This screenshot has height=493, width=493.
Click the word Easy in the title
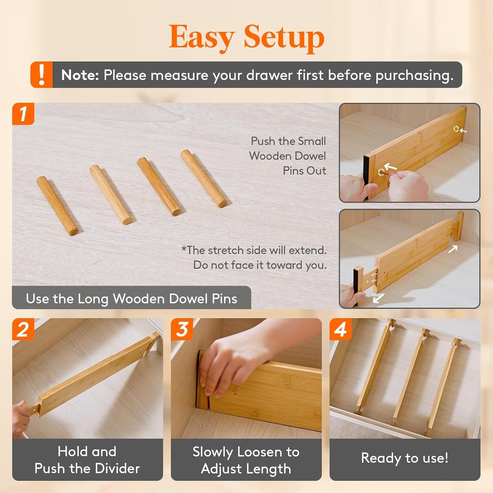coord(201,37)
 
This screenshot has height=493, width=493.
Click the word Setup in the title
coord(284,37)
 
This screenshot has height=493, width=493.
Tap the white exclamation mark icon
coord(42,75)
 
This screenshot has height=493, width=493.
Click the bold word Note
coord(80,75)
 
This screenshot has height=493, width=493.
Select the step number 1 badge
coord(23,114)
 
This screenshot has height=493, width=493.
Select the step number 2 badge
coord(23,329)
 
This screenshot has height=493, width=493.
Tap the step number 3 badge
coord(182,329)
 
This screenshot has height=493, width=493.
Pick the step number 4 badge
coord(340,329)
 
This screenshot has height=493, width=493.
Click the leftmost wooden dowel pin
coord(57,206)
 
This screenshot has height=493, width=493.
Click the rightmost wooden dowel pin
coord(204,178)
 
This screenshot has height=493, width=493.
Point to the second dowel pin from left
coord(110,194)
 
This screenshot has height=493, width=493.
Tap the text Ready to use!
coord(405,458)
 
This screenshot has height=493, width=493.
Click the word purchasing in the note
coord(414,75)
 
